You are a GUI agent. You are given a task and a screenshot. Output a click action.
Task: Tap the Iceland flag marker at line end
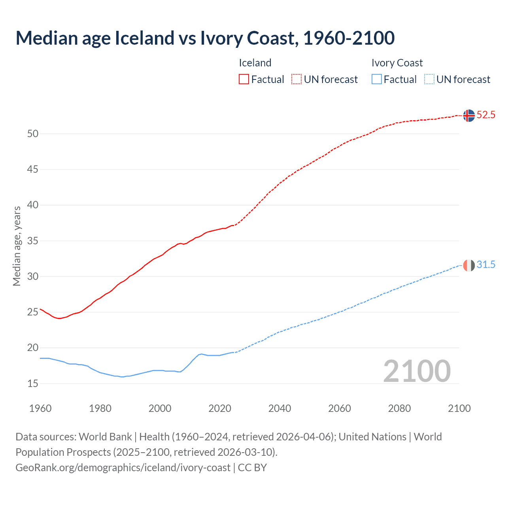tap(468, 115)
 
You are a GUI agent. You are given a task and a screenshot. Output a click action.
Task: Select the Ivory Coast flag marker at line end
tap(468, 265)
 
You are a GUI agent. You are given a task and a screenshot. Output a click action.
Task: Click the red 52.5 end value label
tap(486, 115)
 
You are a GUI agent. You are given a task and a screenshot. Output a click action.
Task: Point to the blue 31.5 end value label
tap(486, 265)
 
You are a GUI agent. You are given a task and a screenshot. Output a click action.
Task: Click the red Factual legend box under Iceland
tap(244, 79)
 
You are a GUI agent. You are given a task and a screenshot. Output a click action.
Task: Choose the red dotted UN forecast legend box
tap(296, 79)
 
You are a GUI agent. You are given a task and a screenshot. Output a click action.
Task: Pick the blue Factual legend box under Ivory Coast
tap(377, 79)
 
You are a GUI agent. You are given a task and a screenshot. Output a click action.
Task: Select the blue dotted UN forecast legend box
tap(429, 79)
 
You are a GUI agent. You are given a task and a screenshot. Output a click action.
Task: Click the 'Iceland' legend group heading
tap(255, 63)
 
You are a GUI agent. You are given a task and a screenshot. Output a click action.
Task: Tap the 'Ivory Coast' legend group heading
tap(397, 63)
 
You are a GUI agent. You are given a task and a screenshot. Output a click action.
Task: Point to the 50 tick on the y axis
tap(33, 134)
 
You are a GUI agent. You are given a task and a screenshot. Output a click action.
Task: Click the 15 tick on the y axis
tap(33, 383)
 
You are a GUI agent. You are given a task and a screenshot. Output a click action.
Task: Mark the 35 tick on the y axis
tap(33, 241)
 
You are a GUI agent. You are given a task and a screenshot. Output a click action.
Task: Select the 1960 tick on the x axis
tap(40, 408)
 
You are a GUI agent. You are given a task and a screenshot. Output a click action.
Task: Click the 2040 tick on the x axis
tap(279, 408)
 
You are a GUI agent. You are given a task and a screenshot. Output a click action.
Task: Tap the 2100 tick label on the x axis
tap(459, 408)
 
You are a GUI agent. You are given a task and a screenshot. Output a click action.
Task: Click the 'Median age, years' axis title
tap(17, 246)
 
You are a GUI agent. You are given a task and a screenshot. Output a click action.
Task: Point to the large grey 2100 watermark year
tap(417, 371)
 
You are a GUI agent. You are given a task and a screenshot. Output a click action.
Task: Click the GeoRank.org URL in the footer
tap(123, 468)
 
